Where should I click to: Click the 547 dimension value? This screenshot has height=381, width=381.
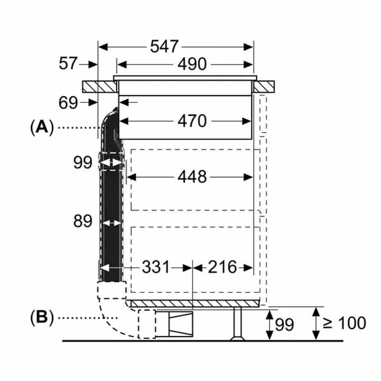pyautogui.click(x=164, y=47)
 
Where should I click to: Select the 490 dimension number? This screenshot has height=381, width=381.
pyautogui.click(x=192, y=64)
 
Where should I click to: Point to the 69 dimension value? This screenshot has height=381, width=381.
pyautogui.click(x=69, y=102)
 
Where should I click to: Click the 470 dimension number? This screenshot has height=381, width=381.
pyautogui.click(x=192, y=121)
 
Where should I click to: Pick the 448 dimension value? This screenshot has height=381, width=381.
pyautogui.click(x=192, y=177)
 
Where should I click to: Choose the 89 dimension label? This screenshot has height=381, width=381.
pyautogui.click(x=82, y=221)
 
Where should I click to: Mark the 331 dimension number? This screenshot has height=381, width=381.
pyautogui.click(x=155, y=267)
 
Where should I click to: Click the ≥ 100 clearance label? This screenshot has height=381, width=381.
pyautogui.click(x=344, y=323)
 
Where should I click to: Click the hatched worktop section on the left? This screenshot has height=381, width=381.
pyautogui.click(x=99, y=87)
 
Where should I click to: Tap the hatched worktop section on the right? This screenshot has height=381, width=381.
pyautogui.click(x=265, y=87)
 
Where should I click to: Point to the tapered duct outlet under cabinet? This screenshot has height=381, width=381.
pyautogui.click(x=179, y=322)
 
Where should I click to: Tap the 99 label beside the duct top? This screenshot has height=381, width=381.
pyautogui.click(x=82, y=162)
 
